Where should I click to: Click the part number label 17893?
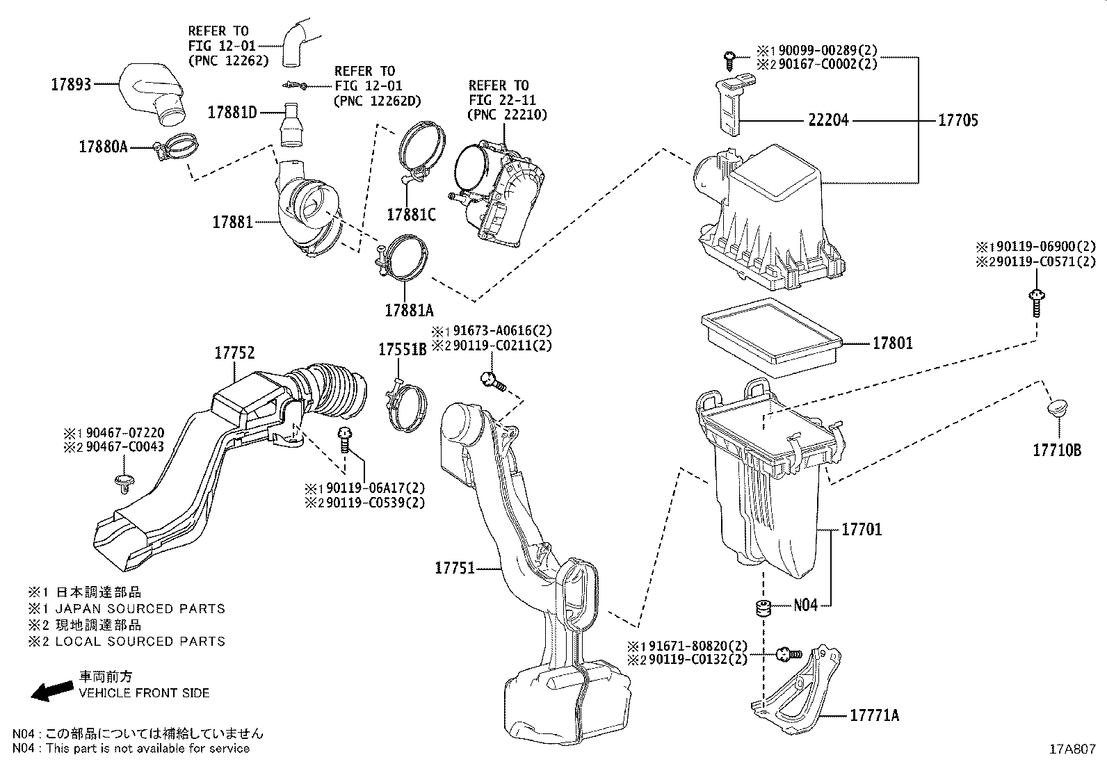(71, 86)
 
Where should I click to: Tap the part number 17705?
(957, 120)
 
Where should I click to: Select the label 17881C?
(411, 215)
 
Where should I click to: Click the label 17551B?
(402, 350)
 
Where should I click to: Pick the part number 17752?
(234, 353)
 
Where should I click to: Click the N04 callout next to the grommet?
(805, 605)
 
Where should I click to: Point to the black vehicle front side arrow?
(52, 690)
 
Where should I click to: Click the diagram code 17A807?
(1072, 749)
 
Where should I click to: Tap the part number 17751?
(454, 568)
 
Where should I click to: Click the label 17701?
(861, 530)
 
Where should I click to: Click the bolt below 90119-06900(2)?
(1035, 303)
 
